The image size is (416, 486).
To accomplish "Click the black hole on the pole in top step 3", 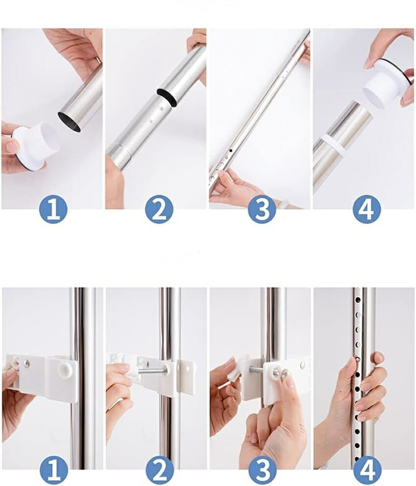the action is tap(231, 150).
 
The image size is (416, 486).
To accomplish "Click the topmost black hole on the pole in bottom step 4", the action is tap(357, 300).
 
